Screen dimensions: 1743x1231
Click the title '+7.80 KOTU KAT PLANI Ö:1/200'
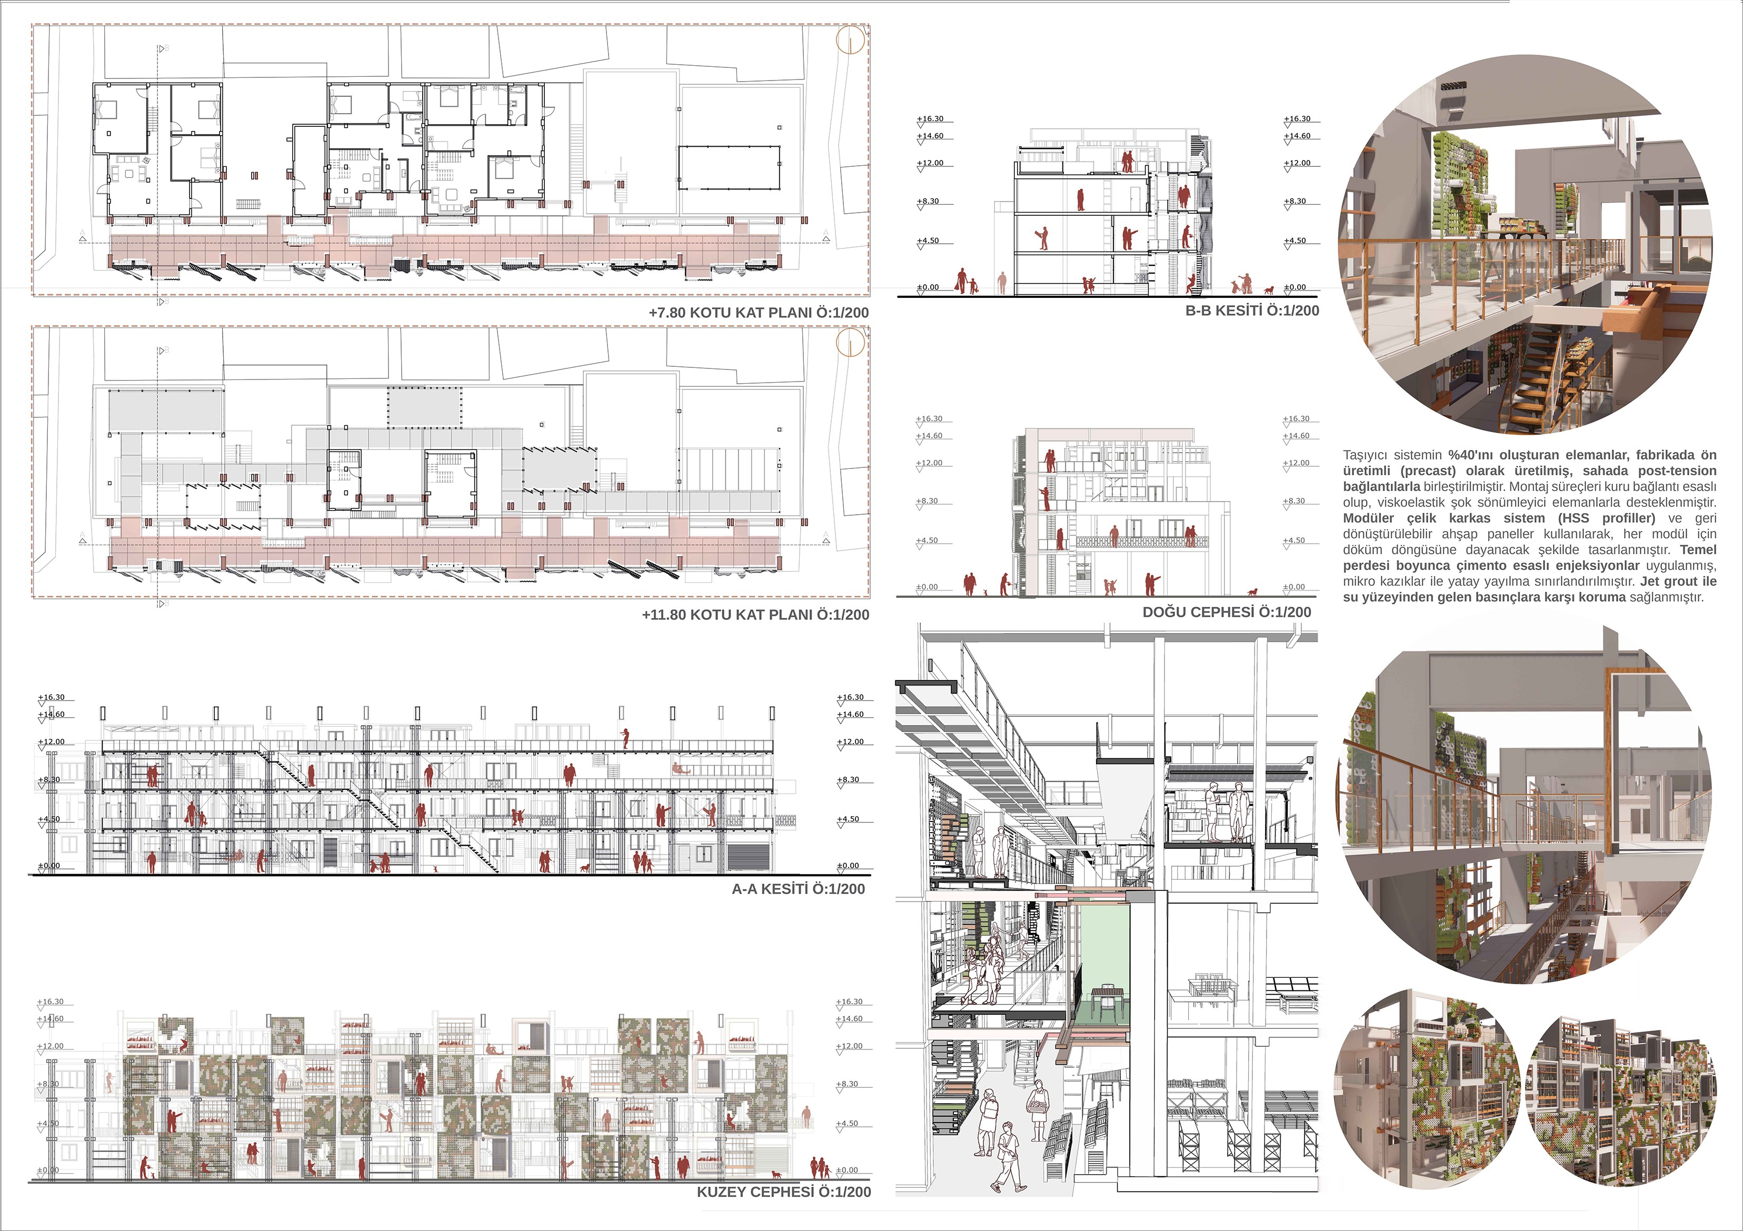pos(759,313)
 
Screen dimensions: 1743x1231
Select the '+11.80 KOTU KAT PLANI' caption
pos(755,615)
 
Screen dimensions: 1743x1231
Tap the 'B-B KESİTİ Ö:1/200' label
pos(1252,311)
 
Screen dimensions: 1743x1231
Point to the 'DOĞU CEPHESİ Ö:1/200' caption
pos(1226,612)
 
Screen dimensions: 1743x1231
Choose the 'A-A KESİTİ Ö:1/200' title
pos(798,889)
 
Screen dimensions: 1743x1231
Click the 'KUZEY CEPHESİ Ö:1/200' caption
pos(783,1192)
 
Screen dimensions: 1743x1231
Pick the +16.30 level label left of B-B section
pos(930,119)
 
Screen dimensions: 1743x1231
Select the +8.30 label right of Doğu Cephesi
pos(1295,502)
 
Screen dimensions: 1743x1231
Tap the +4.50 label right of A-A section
pos(848,819)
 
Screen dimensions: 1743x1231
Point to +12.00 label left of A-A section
pos(52,742)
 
